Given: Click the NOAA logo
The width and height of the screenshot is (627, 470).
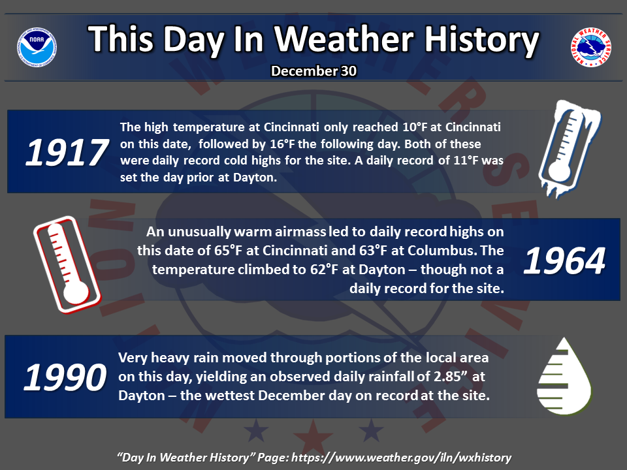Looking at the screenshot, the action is coord(37,47).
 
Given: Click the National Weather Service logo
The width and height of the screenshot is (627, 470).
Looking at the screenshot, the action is coord(590,47).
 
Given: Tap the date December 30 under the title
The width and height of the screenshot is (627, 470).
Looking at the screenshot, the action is coord(313,71).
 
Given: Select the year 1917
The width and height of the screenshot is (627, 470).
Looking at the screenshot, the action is coord(67,152).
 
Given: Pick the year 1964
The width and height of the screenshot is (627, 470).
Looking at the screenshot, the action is coord(564,261).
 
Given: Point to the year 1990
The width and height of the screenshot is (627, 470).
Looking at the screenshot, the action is coord(65,377).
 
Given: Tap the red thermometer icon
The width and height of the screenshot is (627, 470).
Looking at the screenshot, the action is coord(67,264).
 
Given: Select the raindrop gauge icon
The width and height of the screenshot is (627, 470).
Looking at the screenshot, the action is coord(564,376).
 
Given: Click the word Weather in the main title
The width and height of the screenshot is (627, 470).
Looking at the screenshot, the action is coord(344,39).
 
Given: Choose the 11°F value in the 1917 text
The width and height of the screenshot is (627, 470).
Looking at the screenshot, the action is coord(466,161).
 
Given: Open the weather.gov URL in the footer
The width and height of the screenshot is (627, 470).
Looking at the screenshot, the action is coord(401,458).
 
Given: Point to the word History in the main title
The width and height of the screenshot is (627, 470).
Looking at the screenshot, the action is coord(481,40).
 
